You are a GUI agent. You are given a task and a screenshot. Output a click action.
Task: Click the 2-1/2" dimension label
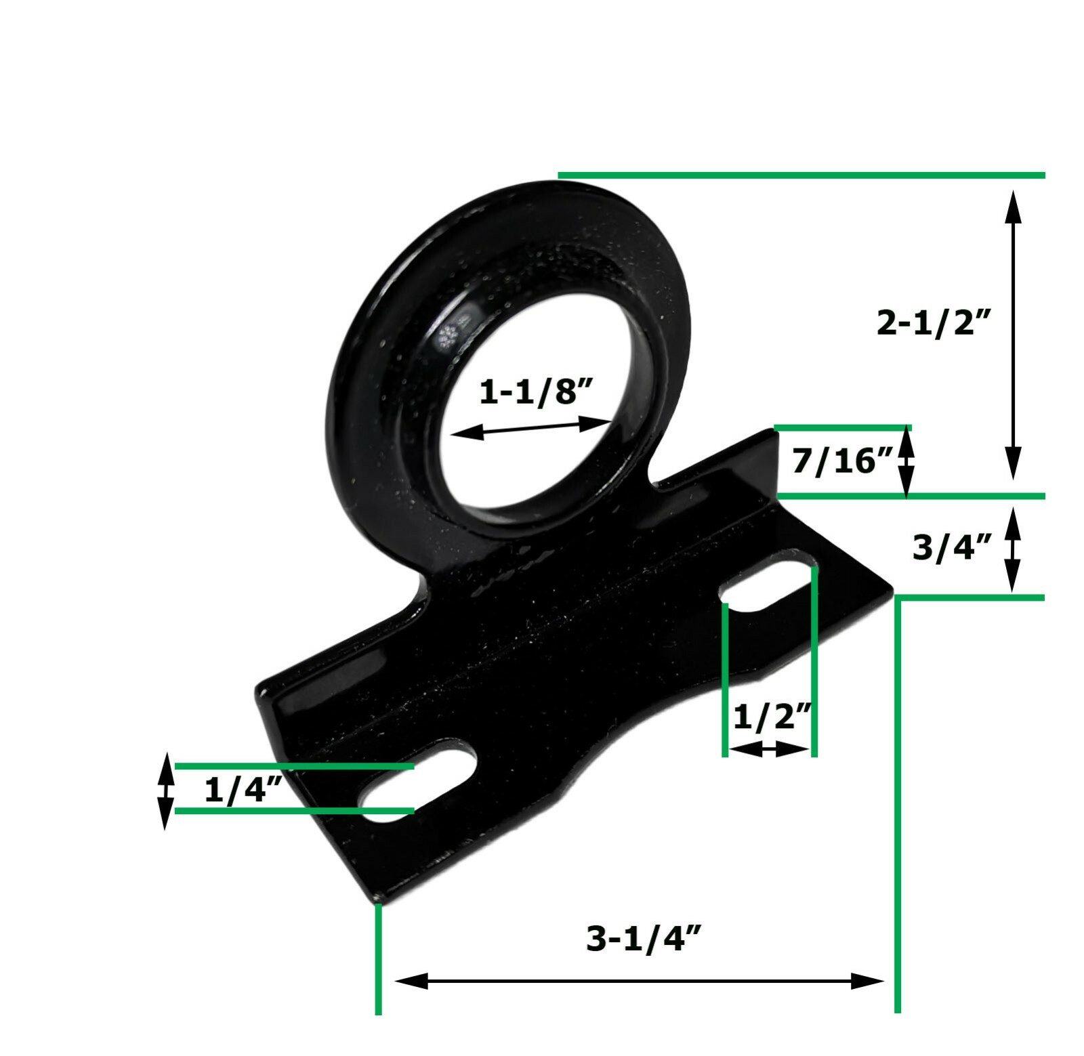pyautogui.click(x=934, y=322)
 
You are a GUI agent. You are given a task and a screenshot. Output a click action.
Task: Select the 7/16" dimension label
pyautogui.click(x=842, y=461)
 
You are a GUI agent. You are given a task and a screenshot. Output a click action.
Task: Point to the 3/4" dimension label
pyautogui.click(x=952, y=547)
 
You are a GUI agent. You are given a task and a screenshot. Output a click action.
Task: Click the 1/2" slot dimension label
pyautogui.click(x=772, y=717)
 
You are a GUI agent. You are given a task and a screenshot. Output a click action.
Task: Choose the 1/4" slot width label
pyautogui.click(x=242, y=790)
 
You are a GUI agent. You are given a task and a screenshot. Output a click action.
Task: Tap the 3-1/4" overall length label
pyautogui.click(x=643, y=939)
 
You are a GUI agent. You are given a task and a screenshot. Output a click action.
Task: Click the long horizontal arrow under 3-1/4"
pyautogui.click(x=639, y=980)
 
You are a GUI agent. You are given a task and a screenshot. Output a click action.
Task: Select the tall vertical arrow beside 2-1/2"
pyautogui.click(x=1012, y=335)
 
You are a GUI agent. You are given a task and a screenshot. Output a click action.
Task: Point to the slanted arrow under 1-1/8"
pyautogui.click(x=530, y=427)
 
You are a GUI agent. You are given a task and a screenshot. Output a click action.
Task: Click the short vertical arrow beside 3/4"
pyautogui.click(x=1012, y=550)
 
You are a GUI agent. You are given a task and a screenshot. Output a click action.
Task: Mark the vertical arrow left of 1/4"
pyautogui.click(x=165, y=790)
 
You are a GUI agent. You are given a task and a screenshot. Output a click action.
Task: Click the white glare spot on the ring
pyautogui.click(x=450, y=335)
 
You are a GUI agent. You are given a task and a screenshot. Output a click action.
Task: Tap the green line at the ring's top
pyautogui.click(x=799, y=175)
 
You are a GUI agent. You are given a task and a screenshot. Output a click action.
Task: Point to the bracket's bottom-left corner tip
pyautogui.click(x=378, y=900)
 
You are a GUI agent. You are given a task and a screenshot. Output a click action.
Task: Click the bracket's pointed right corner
pyautogui.click(x=892, y=591)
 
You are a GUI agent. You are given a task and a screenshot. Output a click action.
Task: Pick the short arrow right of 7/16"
pyautogui.click(x=906, y=462)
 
